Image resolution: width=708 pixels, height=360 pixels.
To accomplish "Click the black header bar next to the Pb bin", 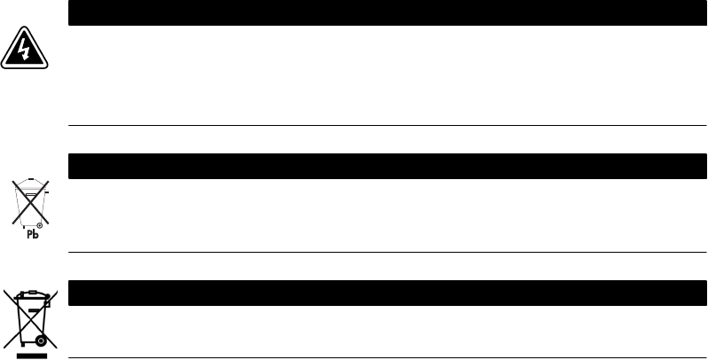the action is [387, 167].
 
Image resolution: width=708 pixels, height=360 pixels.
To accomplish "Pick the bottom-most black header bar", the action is [387, 293].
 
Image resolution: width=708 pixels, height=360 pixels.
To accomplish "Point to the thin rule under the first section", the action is [387, 126].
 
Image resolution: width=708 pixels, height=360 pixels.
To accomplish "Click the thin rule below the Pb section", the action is [387, 253].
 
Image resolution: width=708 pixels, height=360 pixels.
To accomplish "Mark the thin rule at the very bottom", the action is [387, 357].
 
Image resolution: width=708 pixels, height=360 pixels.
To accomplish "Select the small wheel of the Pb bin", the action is [39, 225].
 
